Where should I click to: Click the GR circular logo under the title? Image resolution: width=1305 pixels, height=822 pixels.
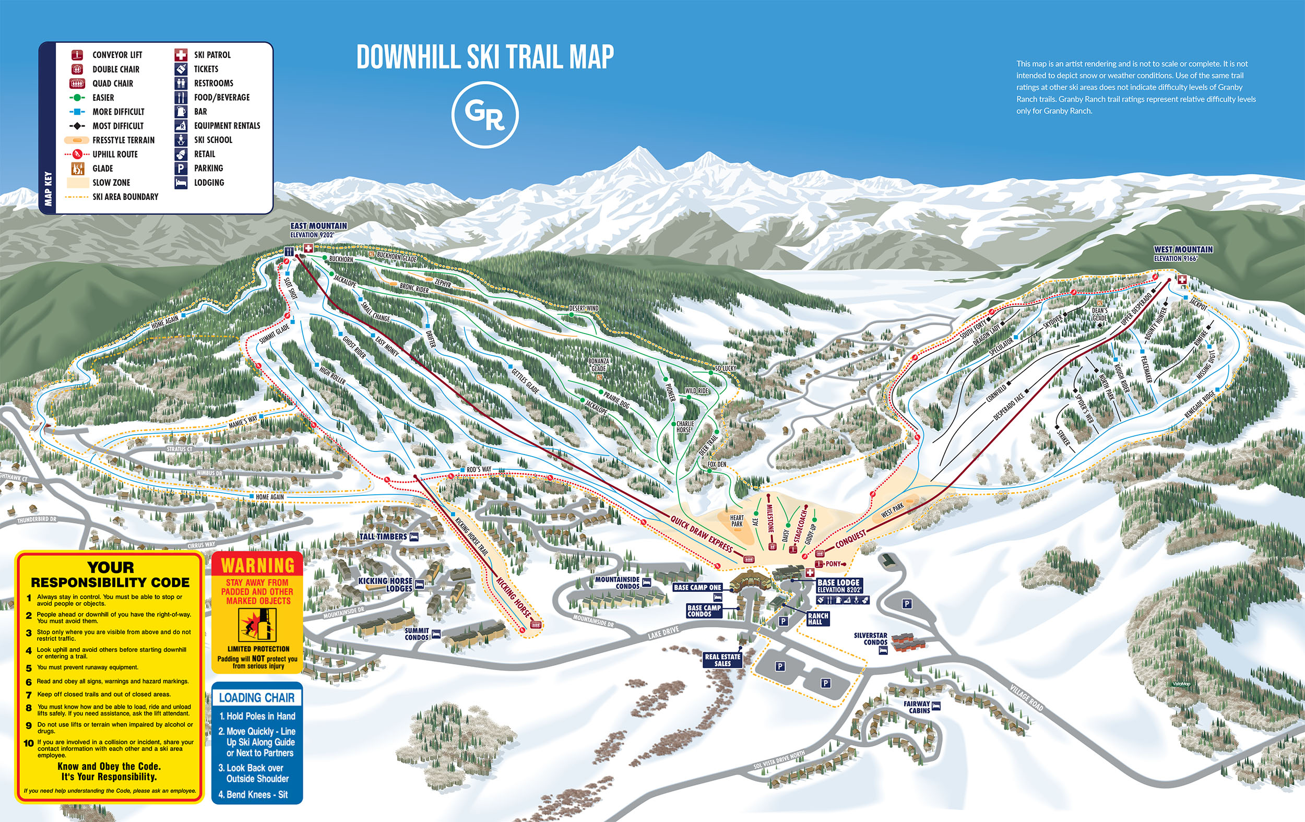coord(484,114)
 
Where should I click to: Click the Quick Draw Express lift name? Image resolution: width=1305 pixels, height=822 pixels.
coord(701,534)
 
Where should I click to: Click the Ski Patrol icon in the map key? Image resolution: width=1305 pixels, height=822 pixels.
coord(181,55)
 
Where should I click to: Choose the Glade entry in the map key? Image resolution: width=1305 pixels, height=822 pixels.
coord(102,169)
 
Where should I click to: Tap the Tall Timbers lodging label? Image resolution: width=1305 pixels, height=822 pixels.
coord(383,537)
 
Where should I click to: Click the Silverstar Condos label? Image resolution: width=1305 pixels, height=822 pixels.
coord(870,638)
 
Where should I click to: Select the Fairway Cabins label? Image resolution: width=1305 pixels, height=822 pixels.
coord(917,707)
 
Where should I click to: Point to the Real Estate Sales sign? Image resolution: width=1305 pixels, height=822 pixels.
coord(722,660)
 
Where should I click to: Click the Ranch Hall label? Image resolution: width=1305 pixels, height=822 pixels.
coord(817,618)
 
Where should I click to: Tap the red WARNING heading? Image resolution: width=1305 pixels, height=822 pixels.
coord(257,565)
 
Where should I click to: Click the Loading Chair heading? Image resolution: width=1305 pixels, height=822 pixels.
coord(257,697)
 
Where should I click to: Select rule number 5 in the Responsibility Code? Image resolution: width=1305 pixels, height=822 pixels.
coord(87,668)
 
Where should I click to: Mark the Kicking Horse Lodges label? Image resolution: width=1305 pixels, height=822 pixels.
coord(385,584)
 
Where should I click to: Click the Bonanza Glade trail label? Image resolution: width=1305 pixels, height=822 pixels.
coord(598,365)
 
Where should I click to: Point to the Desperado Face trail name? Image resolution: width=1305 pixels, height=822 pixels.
coord(1008,407)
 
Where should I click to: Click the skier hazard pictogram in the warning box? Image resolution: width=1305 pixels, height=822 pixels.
coord(257,625)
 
